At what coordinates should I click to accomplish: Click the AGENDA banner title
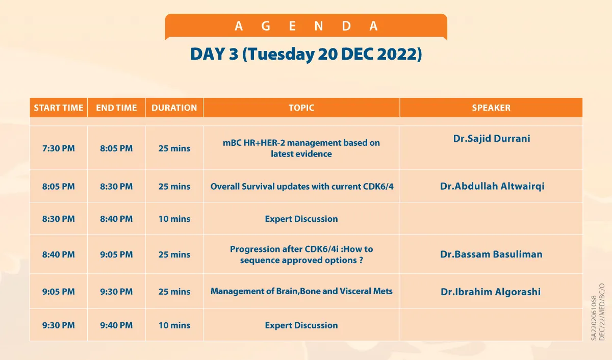[x=306, y=26]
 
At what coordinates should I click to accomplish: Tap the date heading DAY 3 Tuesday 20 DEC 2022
[x=306, y=54]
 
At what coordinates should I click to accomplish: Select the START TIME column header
[x=59, y=108]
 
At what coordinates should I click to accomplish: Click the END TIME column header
[x=116, y=108]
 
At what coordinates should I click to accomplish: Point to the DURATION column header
[x=174, y=108]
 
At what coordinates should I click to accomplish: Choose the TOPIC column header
[x=301, y=108]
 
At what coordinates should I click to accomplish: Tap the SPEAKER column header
[x=491, y=108]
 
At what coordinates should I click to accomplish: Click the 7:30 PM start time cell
[x=59, y=148]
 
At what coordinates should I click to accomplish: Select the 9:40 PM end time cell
[x=116, y=325]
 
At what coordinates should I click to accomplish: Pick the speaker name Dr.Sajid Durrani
[x=492, y=139]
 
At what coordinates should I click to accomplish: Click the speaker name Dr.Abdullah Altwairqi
[x=492, y=186]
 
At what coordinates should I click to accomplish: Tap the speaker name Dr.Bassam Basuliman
[x=491, y=254]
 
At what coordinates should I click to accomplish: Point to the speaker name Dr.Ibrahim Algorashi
[x=491, y=292]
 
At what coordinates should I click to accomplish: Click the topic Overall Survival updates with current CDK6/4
[x=302, y=187]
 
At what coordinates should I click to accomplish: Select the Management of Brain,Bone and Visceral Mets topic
[x=301, y=291]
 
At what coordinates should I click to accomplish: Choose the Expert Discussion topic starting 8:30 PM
[x=301, y=219]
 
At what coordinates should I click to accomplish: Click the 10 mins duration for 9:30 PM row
[x=174, y=325]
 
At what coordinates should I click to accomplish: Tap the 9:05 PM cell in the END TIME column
[x=116, y=254]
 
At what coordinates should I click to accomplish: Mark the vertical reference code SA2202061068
[x=594, y=318]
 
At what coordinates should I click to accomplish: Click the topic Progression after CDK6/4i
[x=301, y=254]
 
